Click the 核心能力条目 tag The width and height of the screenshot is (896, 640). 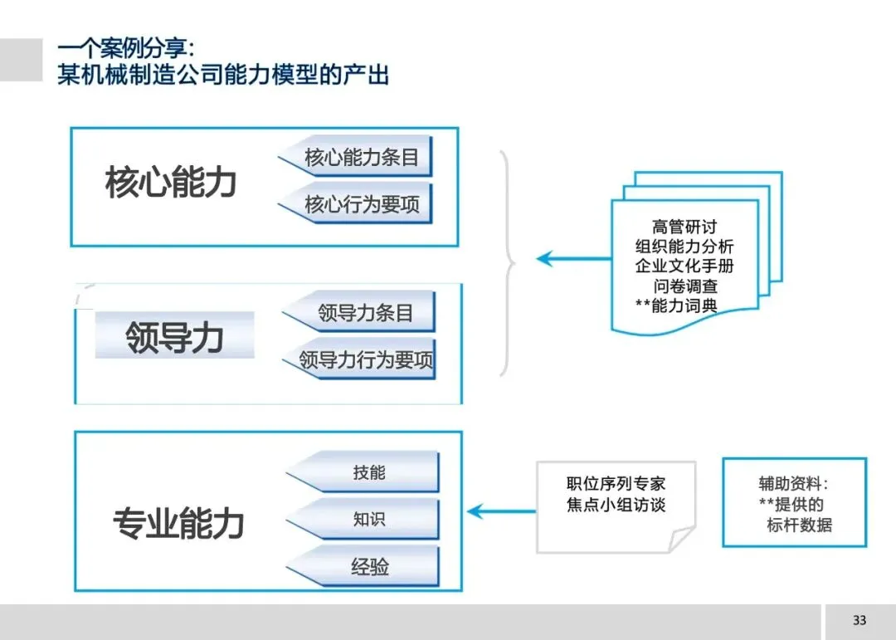pos(362,158)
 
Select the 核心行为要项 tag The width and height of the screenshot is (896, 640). pos(362,204)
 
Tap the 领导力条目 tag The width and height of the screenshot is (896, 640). pos(365,313)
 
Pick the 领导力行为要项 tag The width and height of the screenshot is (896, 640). pos(366,360)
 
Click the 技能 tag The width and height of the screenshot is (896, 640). pos(369,472)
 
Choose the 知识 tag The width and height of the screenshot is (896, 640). pos(369,520)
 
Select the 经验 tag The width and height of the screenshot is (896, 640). pos(369,568)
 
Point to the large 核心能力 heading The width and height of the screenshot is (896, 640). pos(171,183)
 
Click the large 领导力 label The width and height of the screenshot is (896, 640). pos(174,338)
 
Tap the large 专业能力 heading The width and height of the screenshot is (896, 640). pos(178,524)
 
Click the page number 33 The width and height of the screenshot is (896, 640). pos(859,621)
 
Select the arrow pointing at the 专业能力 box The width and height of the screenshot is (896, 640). pos(502,511)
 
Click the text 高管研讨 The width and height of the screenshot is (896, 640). pos(684,227)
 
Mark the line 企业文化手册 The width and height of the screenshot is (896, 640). pos(684,266)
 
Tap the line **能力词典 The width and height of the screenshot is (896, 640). pos(676,306)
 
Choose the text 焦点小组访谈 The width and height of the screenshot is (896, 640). pos(616,505)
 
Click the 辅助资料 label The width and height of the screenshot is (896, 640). pos(793,484)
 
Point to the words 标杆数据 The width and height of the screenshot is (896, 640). pos(799,525)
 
